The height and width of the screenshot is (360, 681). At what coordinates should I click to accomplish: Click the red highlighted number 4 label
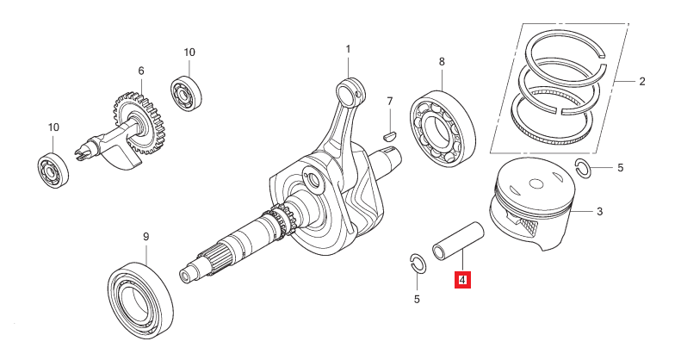click(x=462, y=280)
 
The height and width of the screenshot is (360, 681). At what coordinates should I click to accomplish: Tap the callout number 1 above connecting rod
click(x=349, y=49)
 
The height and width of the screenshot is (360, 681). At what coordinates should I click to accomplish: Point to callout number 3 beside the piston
click(x=600, y=211)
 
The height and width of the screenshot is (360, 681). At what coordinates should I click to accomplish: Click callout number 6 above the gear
click(x=140, y=71)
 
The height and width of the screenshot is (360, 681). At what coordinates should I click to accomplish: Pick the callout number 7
click(x=390, y=102)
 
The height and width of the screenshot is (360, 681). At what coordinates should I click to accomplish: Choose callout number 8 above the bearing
click(x=442, y=62)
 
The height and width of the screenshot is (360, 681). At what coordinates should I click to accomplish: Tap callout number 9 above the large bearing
click(x=145, y=237)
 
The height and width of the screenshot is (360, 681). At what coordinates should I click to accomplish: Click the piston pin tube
click(x=457, y=240)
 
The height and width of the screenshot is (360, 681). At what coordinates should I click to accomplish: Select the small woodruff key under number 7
click(x=389, y=134)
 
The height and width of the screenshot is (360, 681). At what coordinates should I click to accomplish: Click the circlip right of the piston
click(x=583, y=167)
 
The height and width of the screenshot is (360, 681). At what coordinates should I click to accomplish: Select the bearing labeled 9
click(x=142, y=295)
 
